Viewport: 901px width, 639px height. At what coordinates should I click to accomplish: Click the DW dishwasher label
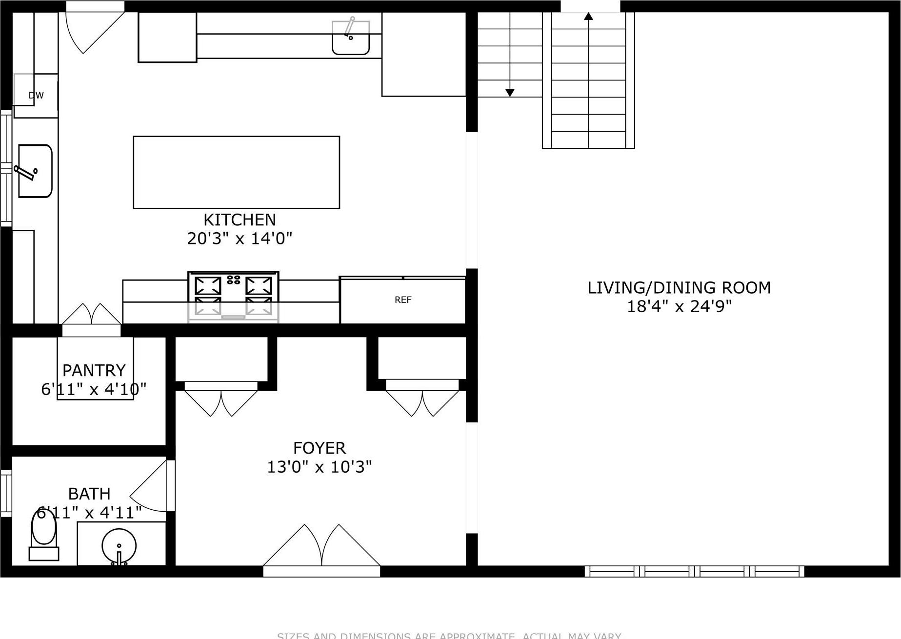click(36, 96)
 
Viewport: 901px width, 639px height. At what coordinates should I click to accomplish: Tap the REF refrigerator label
click(403, 300)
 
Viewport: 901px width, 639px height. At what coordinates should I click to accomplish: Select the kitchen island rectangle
click(237, 172)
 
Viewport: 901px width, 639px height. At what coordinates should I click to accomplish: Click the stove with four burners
click(233, 296)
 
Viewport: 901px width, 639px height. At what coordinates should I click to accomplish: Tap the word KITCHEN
click(240, 220)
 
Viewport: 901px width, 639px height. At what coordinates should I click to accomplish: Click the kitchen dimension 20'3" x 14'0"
click(240, 239)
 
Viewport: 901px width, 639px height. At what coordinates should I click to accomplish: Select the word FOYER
click(320, 448)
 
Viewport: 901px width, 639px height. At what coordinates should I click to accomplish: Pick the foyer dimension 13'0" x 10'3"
click(320, 467)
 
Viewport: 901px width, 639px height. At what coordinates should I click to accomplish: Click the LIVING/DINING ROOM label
click(679, 288)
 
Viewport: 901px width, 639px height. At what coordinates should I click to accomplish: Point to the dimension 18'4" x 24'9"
click(679, 306)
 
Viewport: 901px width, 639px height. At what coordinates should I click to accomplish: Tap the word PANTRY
click(94, 371)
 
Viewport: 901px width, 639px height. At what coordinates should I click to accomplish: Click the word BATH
click(89, 494)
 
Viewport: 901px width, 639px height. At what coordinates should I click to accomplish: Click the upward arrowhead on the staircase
click(589, 17)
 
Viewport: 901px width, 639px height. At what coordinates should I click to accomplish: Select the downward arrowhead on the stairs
click(510, 93)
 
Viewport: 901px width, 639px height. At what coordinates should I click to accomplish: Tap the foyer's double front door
click(321, 549)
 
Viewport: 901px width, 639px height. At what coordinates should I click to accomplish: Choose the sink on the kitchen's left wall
click(35, 171)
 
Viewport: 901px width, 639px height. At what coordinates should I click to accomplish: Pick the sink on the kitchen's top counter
click(351, 38)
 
